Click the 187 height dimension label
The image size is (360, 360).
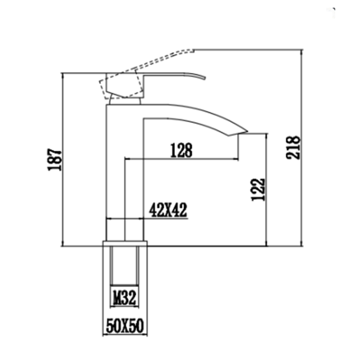click(x=55, y=160)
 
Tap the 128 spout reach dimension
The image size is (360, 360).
click(x=181, y=150)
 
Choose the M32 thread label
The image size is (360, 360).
click(x=123, y=298)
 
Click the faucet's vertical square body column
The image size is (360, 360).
click(x=115, y=180)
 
